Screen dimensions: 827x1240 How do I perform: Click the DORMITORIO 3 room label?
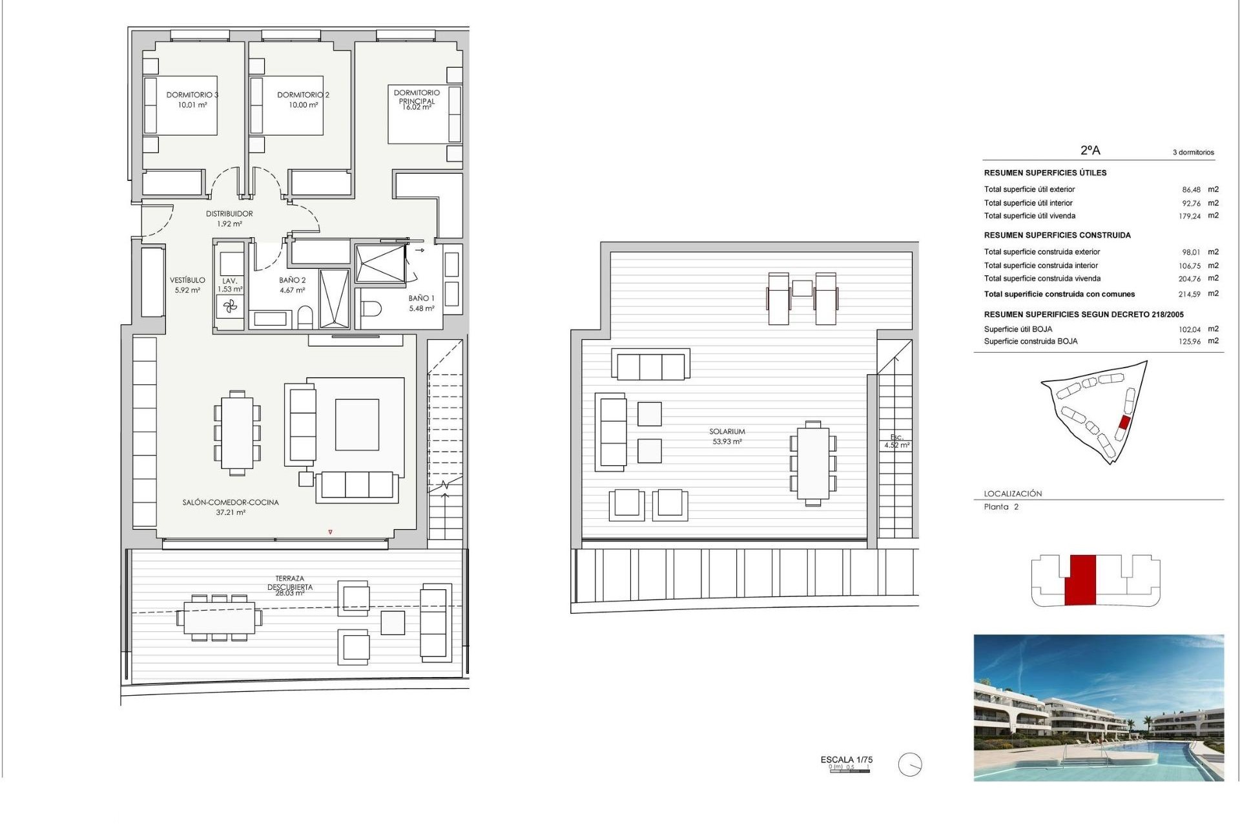click(x=192, y=95)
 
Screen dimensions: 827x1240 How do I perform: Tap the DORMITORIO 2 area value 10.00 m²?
click(x=303, y=105)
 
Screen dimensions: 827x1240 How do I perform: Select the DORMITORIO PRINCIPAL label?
click(x=417, y=97)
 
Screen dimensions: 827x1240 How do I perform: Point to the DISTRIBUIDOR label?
click(x=229, y=214)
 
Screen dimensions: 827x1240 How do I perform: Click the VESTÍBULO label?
click(x=187, y=280)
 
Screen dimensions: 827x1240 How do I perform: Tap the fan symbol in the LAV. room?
click(x=231, y=307)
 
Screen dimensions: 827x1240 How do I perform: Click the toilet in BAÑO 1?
click(x=371, y=309)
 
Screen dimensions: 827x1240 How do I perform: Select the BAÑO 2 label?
click(x=293, y=280)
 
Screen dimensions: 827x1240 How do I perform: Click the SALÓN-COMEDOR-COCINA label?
click(x=231, y=503)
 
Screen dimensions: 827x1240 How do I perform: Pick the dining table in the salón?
click(x=237, y=432)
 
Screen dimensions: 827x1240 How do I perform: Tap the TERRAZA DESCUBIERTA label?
click(x=290, y=583)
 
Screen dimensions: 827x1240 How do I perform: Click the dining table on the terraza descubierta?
click(x=219, y=618)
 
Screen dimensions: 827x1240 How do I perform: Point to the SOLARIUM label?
click(x=727, y=432)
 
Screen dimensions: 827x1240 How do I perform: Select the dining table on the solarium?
click(x=813, y=463)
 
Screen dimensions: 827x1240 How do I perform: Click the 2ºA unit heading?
click(x=1090, y=151)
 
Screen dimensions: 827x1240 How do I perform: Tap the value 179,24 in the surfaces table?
click(x=1189, y=216)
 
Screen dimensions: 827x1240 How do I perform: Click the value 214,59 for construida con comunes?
click(x=1189, y=294)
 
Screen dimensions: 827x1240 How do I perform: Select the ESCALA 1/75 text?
click(x=846, y=760)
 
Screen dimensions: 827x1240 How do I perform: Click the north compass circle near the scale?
click(x=910, y=765)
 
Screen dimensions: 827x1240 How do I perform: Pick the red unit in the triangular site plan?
click(x=1124, y=423)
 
